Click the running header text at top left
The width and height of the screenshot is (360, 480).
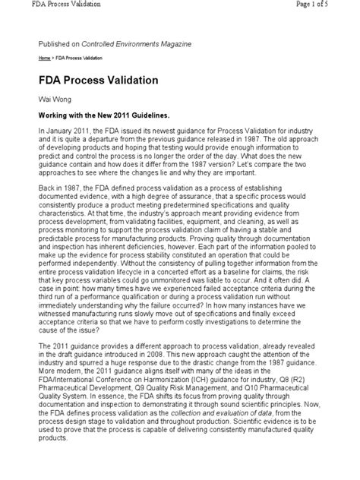pyautogui.click(x=52, y=6)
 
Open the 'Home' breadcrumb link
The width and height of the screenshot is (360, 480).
pyautogui.click(x=46, y=58)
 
